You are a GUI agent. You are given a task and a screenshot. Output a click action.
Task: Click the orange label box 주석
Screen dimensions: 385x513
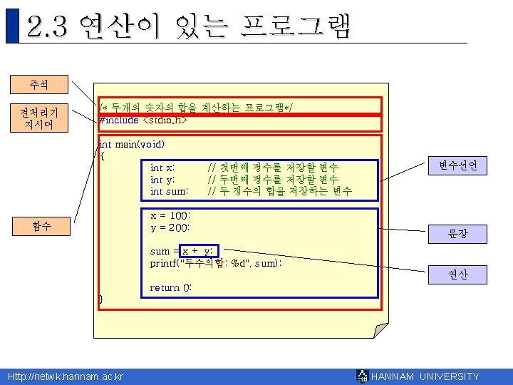coord(39,84)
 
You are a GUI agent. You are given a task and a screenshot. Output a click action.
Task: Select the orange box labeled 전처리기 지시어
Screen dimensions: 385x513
coord(39,118)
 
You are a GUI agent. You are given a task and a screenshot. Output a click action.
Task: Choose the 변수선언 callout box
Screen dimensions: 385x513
coord(457,166)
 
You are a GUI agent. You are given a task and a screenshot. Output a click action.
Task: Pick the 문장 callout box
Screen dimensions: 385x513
coord(457,234)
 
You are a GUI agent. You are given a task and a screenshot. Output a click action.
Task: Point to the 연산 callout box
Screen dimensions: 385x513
coord(457,274)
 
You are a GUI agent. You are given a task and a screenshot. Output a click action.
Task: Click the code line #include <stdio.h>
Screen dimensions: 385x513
coord(143,120)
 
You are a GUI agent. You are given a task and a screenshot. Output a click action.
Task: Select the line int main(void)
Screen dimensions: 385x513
coord(132,144)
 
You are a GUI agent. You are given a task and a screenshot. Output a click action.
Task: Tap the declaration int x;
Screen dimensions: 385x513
coord(163,168)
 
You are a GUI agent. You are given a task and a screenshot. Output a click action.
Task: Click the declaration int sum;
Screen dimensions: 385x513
coord(169,191)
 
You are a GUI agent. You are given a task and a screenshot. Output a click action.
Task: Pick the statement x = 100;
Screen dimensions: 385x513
coord(170,215)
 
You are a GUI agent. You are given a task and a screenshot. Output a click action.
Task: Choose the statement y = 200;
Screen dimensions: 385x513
coord(170,227)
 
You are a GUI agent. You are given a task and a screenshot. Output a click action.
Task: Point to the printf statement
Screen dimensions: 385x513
coord(215,263)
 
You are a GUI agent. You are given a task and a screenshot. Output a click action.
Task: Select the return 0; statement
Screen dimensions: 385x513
coord(170,287)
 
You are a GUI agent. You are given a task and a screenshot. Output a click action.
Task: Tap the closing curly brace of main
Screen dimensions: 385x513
coord(100,299)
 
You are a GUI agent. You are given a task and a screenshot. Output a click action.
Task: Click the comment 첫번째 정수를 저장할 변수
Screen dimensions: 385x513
coord(273,168)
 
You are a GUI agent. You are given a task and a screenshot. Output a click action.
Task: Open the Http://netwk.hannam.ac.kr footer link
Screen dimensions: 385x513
coord(65,376)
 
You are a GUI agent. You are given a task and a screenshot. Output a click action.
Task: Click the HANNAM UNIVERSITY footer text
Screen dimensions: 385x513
coord(425,376)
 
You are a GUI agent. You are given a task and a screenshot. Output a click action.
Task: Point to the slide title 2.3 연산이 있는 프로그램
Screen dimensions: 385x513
coord(189,27)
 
